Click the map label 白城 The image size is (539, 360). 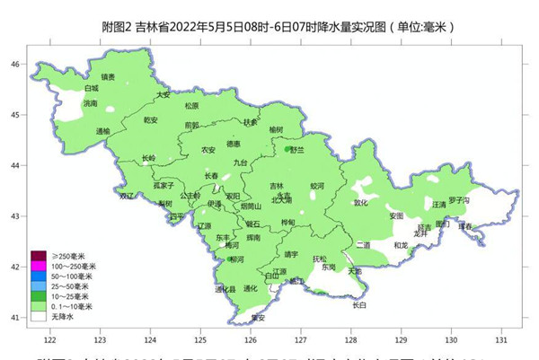91,89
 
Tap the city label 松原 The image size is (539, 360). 167,105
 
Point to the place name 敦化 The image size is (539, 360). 360,202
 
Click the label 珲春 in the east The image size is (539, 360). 464,226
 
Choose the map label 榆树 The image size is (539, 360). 276,129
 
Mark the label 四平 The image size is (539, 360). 177,216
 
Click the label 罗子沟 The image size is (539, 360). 459,199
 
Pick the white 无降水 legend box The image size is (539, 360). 40,317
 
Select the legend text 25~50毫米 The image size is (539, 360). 69,286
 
